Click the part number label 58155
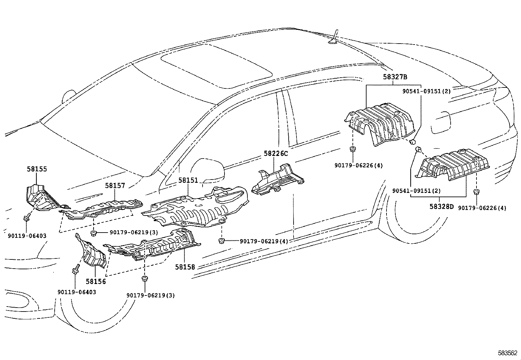click(37, 169)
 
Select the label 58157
click(115, 186)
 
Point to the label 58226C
click(276, 154)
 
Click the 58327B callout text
click(395, 77)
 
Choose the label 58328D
click(442, 207)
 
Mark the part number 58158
click(185, 267)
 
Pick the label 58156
click(96, 281)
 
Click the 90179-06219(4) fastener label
click(264, 241)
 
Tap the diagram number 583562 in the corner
click(508, 353)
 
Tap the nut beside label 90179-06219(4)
click(222, 241)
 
